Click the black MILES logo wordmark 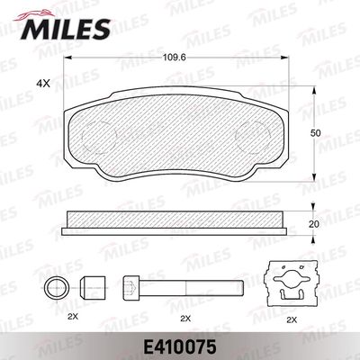(x=66, y=29)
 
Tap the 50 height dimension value (x=315, y=133)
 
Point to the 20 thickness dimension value (x=314, y=224)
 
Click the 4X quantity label (x=42, y=84)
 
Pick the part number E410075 (x=180, y=347)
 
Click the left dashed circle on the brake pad (x=99, y=138)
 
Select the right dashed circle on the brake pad (x=253, y=138)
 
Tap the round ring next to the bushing (x=57, y=288)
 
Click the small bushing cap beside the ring (x=93, y=288)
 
